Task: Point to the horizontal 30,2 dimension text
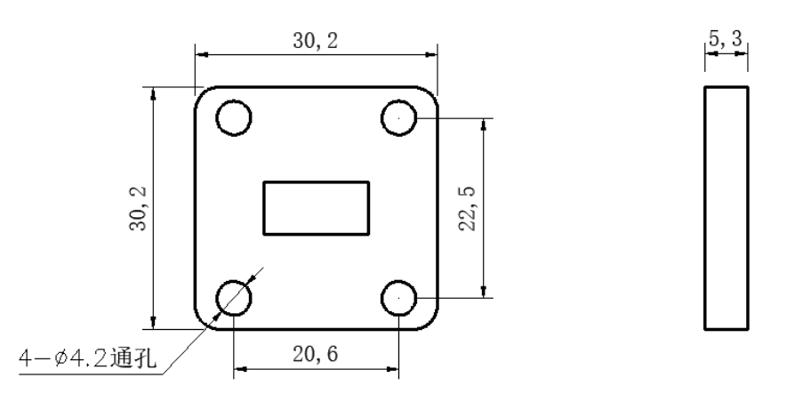pos(316,41)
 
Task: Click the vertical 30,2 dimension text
pos(138,208)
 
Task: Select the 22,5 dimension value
pos(467,208)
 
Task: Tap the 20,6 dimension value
pos(316,354)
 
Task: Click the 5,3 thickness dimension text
pos(725,38)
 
